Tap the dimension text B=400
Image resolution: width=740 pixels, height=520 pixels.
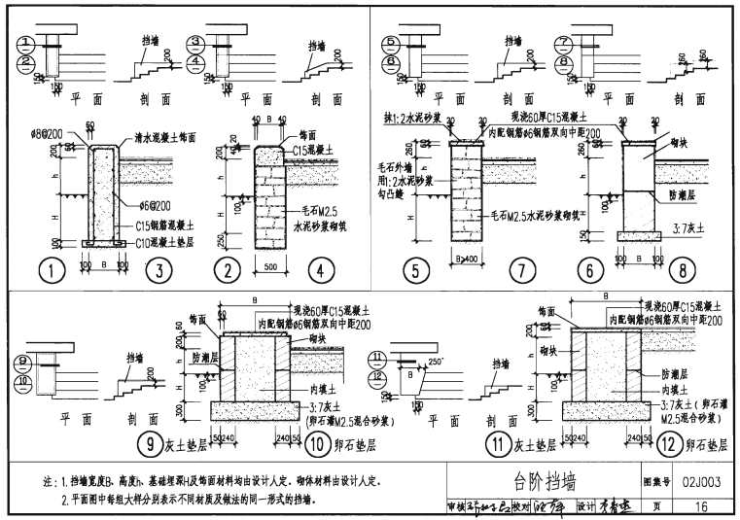tap(464, 260)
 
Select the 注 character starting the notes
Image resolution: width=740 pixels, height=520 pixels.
tap(49, 481)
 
